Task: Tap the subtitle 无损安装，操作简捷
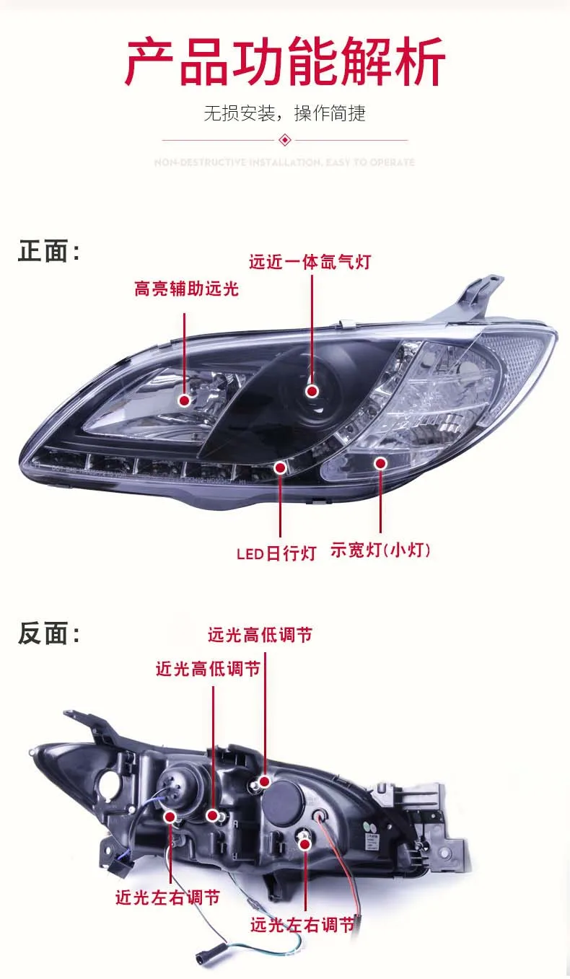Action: click(x=285, y=113)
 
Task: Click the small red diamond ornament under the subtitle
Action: click(x=285, y=139)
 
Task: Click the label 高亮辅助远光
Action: click(x=186, y=289)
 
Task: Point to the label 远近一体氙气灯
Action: click(x=310, y=262)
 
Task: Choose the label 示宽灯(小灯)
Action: click(x=380, y=550)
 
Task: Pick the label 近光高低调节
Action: click(x=208, y=670)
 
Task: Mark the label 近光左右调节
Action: click(x=167, y=898)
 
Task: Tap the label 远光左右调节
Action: click(x=303, y=925)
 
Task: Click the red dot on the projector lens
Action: click(x=312, y=391)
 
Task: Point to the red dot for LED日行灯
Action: click(x=281, y=467)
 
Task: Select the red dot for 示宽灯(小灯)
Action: click(x=380, y=463)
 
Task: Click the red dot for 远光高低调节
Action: click(x=265, y=781)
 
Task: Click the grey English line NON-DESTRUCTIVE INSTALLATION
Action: click(x=285, y=162)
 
